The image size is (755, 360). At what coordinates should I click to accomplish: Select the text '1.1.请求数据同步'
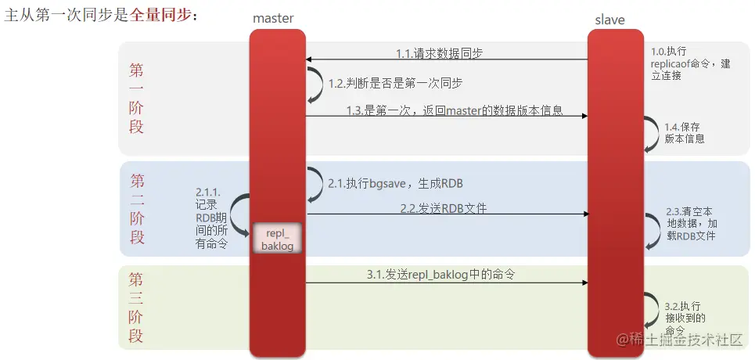pyautogui.click(x=439, y=53)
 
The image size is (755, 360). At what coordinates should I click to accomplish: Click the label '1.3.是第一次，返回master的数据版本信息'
pyautogui.click(x=455, y=110)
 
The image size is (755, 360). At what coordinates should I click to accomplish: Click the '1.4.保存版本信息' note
pyautogui.click(x=685, y=133)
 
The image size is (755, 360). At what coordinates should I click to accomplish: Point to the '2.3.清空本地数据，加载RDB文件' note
pyautogui.click(x=690, y=223)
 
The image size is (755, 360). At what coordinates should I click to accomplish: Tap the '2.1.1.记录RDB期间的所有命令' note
pyautogui.click(x=210, y=218)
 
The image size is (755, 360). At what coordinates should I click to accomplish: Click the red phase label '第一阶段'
pyautogui.click(x=136, y=98)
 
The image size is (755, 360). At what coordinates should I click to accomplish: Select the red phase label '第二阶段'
pyautogui.click(x=137, y=209)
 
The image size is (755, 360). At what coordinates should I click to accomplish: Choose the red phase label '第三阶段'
pyautogui.click(x=136, y=308)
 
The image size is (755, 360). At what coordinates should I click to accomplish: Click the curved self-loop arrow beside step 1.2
pyautogui.click(x=315, y=84)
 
